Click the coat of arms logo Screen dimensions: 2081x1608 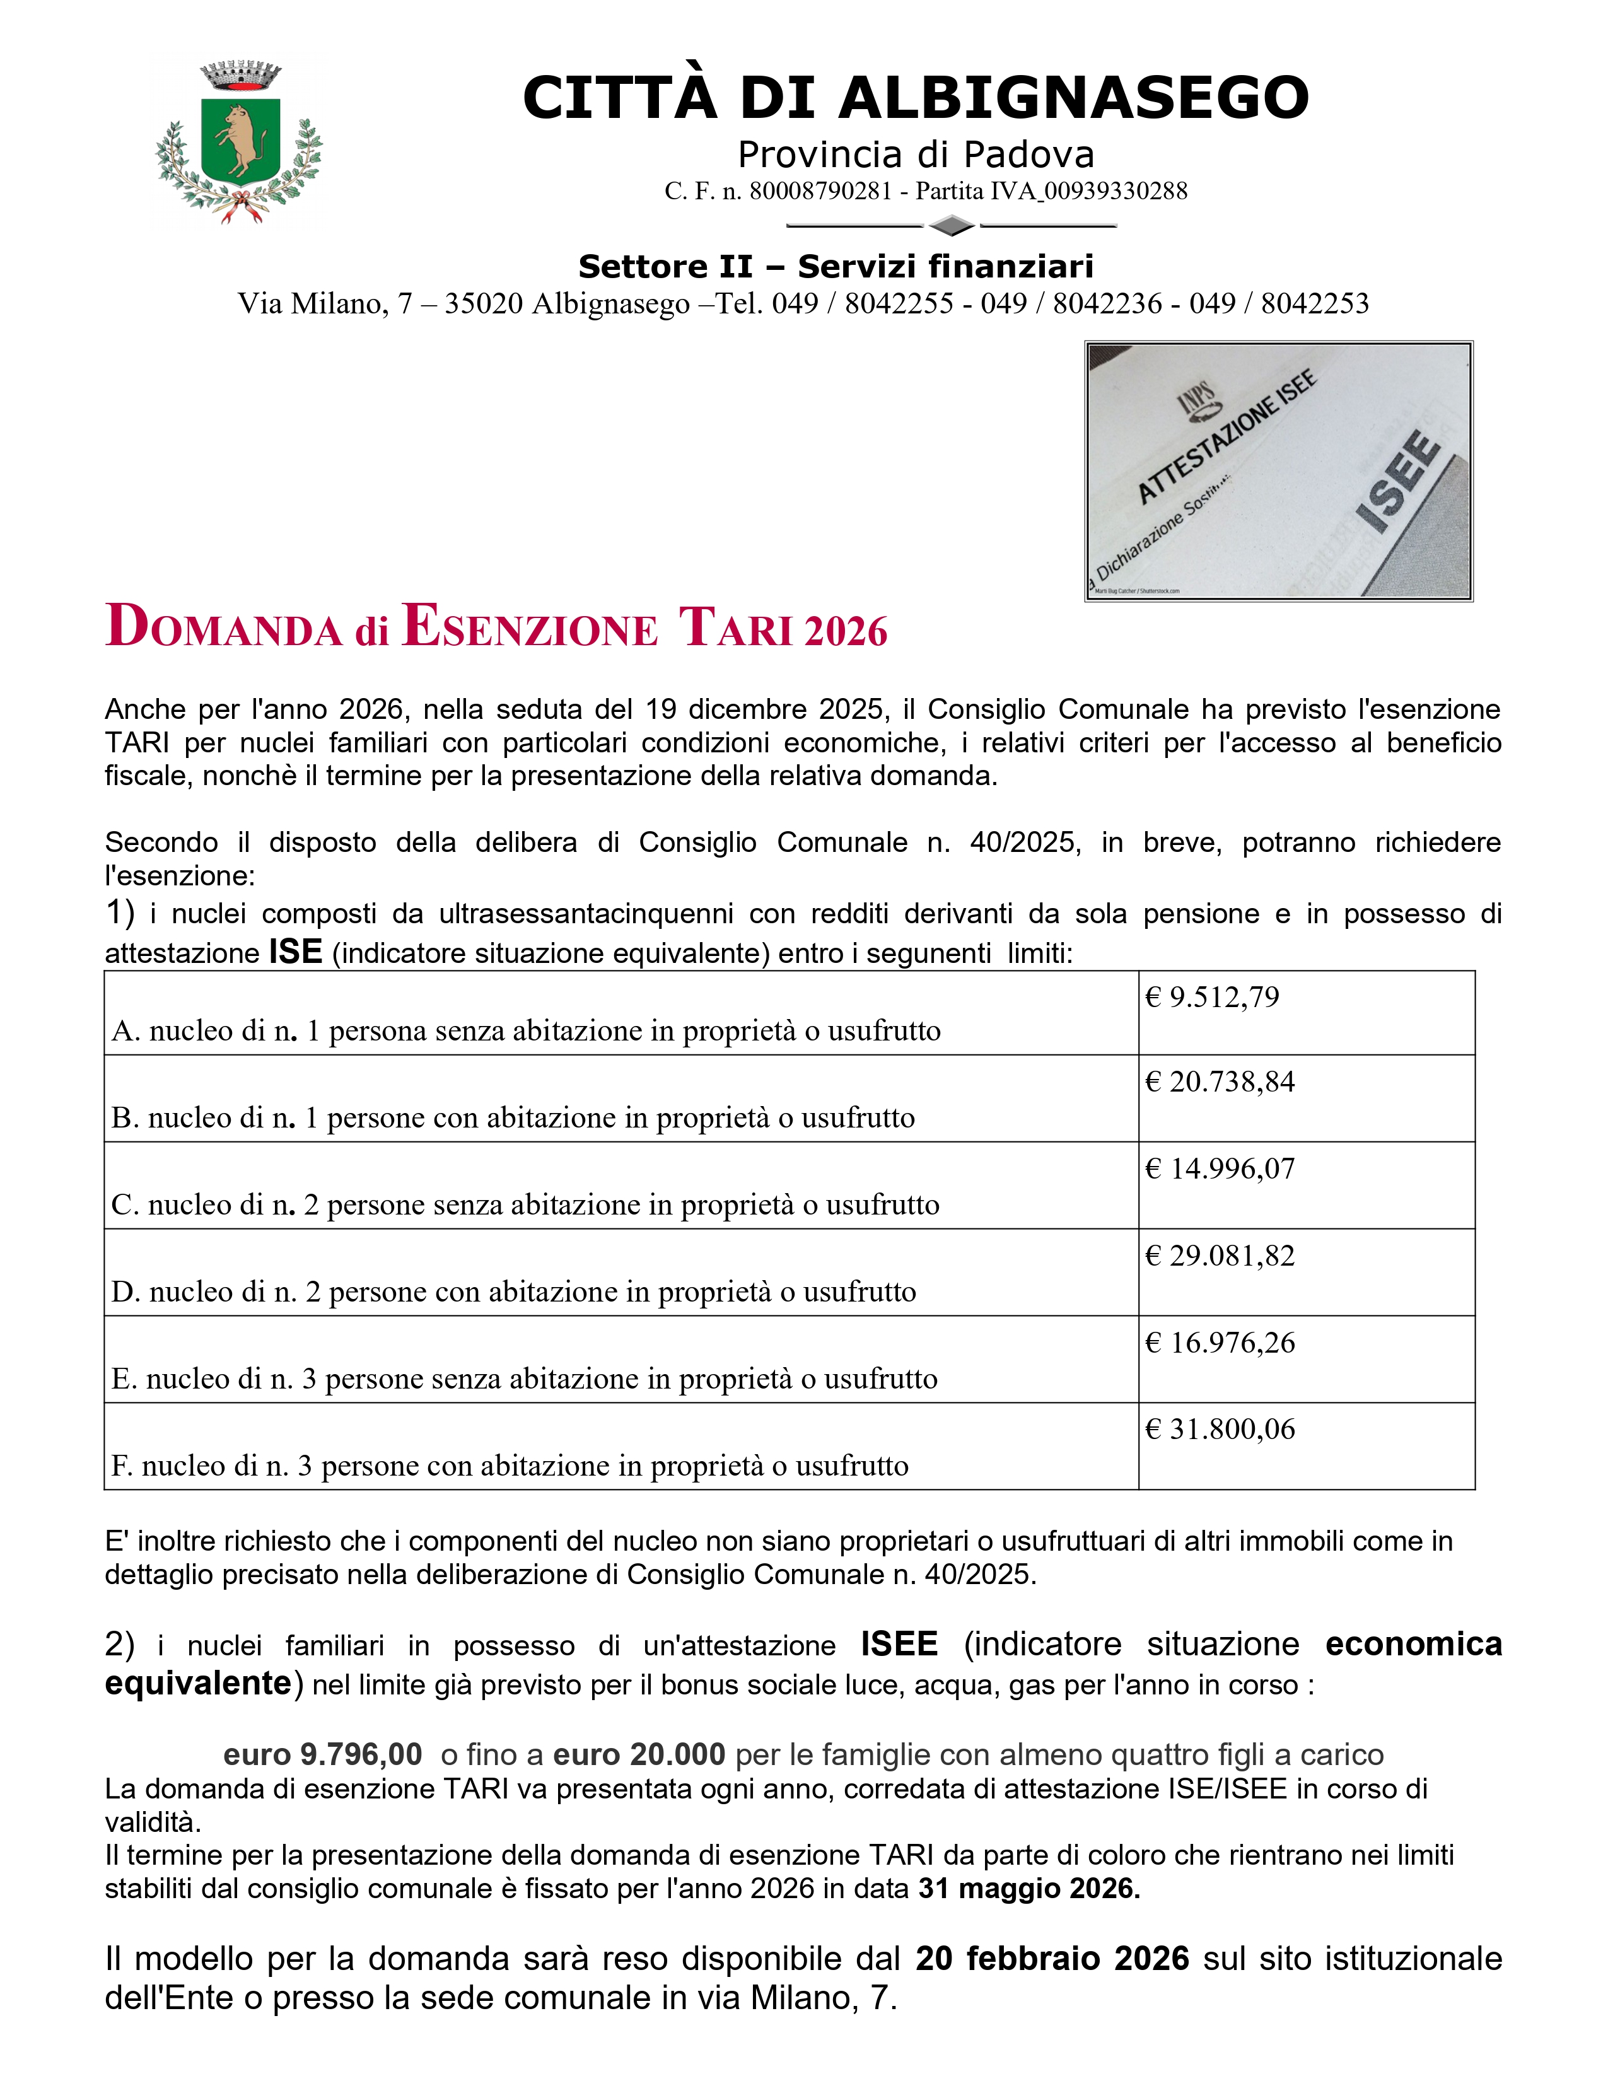coord(238,143)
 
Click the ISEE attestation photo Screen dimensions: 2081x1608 coord(1278,470)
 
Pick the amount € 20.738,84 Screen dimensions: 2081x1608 coord(1220,1081)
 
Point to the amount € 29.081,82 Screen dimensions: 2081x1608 coord(1220,1255)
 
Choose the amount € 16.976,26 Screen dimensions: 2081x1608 coord(1220,1343)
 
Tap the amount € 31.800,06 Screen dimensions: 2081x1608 coord(1220,1429)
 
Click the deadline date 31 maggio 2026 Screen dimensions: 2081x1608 coord(1029,1889)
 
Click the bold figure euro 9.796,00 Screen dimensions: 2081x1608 coord(322,1754)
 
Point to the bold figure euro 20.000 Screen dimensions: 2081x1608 coord(639,1754)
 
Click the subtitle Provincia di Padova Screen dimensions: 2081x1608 coord(916,154)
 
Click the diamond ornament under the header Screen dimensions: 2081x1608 coord(951,226)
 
